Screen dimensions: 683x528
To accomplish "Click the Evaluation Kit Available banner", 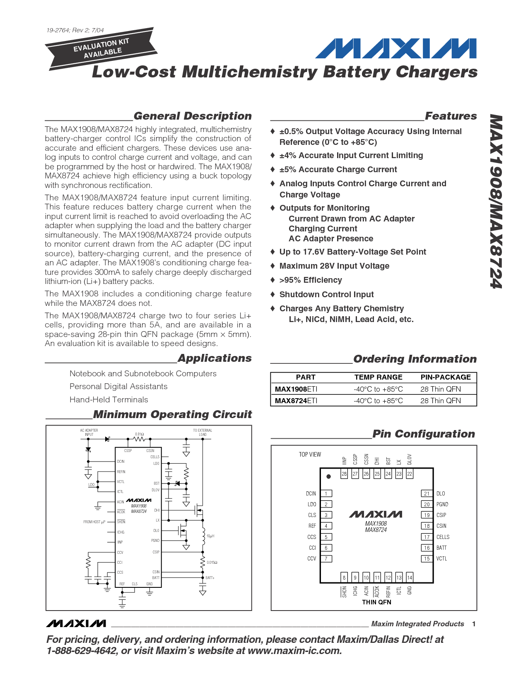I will point(102,48).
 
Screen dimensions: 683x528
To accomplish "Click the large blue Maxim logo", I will point(395,48).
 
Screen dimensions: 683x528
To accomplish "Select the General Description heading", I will point(193,116).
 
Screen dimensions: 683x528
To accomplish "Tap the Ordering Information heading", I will point(415,359).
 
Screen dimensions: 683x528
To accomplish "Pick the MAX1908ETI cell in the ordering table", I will point(296,389).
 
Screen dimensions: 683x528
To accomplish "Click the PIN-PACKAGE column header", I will point(446,377).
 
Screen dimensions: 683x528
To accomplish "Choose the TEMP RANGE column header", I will point(378,377).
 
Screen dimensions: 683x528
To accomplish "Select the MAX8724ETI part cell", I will point(296,401).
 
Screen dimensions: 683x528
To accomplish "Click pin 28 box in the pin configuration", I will point(344,474).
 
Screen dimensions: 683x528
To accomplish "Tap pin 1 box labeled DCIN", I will point(326,493).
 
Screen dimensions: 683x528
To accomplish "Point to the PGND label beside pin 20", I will point(442,504).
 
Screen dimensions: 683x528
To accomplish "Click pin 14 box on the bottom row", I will point(410,577).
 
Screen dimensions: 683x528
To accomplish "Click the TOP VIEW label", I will point(310,455).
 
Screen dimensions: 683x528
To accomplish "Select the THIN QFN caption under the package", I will point(376,602).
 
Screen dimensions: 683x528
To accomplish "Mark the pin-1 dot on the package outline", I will point(329,476).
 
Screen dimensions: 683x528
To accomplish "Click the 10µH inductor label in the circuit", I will point(210,536).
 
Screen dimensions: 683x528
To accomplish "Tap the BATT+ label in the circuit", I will point(210,578).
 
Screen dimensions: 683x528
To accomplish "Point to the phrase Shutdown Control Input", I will point(326,294).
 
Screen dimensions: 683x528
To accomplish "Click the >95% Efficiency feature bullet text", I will point(311,280).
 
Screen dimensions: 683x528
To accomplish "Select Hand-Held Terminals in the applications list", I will point(108,399).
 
